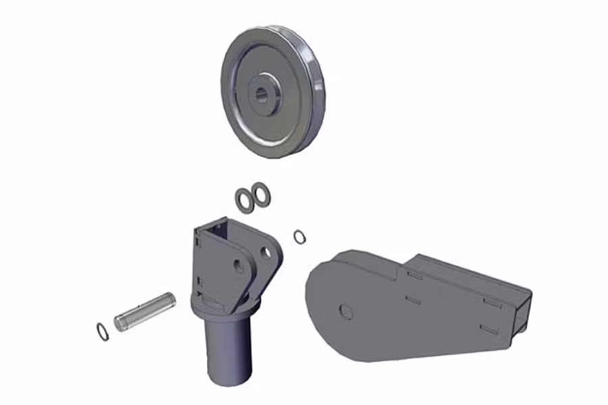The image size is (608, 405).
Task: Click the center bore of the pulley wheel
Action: [x=261, y=94]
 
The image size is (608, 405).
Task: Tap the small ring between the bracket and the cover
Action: [x=299, y=236]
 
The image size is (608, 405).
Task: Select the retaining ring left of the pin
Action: [x=102, y=331]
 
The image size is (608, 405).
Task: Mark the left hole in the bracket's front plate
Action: [x=238, y=267]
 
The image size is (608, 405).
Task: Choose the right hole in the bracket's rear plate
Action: [x=265, y=253]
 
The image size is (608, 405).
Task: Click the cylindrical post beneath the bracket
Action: [x=228, y=351]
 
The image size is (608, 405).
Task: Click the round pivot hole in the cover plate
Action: [x=345, y=311]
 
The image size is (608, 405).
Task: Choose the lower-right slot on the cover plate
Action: [x=488, y=329]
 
